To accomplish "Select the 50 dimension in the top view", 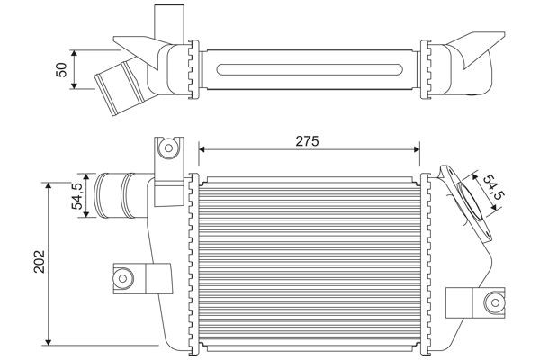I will pos(62,69).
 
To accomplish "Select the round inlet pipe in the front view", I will pos(113,193).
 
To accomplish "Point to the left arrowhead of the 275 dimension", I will pos(202,148).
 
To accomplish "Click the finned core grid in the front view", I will pos(309,262).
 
